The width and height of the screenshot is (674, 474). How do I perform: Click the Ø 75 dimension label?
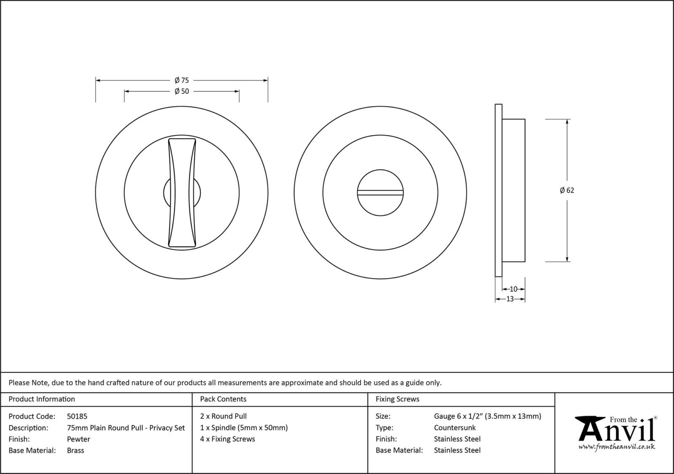[182, 80]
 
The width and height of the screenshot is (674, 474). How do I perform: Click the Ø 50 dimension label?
[182, 91]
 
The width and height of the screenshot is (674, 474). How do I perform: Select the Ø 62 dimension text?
[567, 190]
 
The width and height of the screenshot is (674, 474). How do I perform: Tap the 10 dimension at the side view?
[514, 289]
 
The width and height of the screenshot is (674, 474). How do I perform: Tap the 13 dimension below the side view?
[510, 299]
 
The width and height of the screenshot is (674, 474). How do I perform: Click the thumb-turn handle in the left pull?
[182, 192]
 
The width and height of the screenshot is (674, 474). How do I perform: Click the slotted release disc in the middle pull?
[380, 193]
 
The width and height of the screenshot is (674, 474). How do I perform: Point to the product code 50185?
[77, 416]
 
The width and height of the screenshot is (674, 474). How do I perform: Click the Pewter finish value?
[78, 439]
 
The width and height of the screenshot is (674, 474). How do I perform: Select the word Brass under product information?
[75, 450]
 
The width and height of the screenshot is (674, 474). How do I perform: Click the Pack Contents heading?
[223, 399]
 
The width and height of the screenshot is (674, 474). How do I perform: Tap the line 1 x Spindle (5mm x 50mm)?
[244, 428]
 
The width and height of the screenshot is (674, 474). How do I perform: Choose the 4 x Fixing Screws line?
[227, 439]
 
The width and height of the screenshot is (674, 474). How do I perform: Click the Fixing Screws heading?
[397, 399]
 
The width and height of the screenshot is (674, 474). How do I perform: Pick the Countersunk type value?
[455, 428]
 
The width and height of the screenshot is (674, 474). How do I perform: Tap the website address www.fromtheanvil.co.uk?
[616, 447]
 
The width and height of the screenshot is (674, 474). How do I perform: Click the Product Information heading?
[42, 399]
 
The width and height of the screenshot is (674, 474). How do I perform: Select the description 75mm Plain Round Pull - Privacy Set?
[126, 428]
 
